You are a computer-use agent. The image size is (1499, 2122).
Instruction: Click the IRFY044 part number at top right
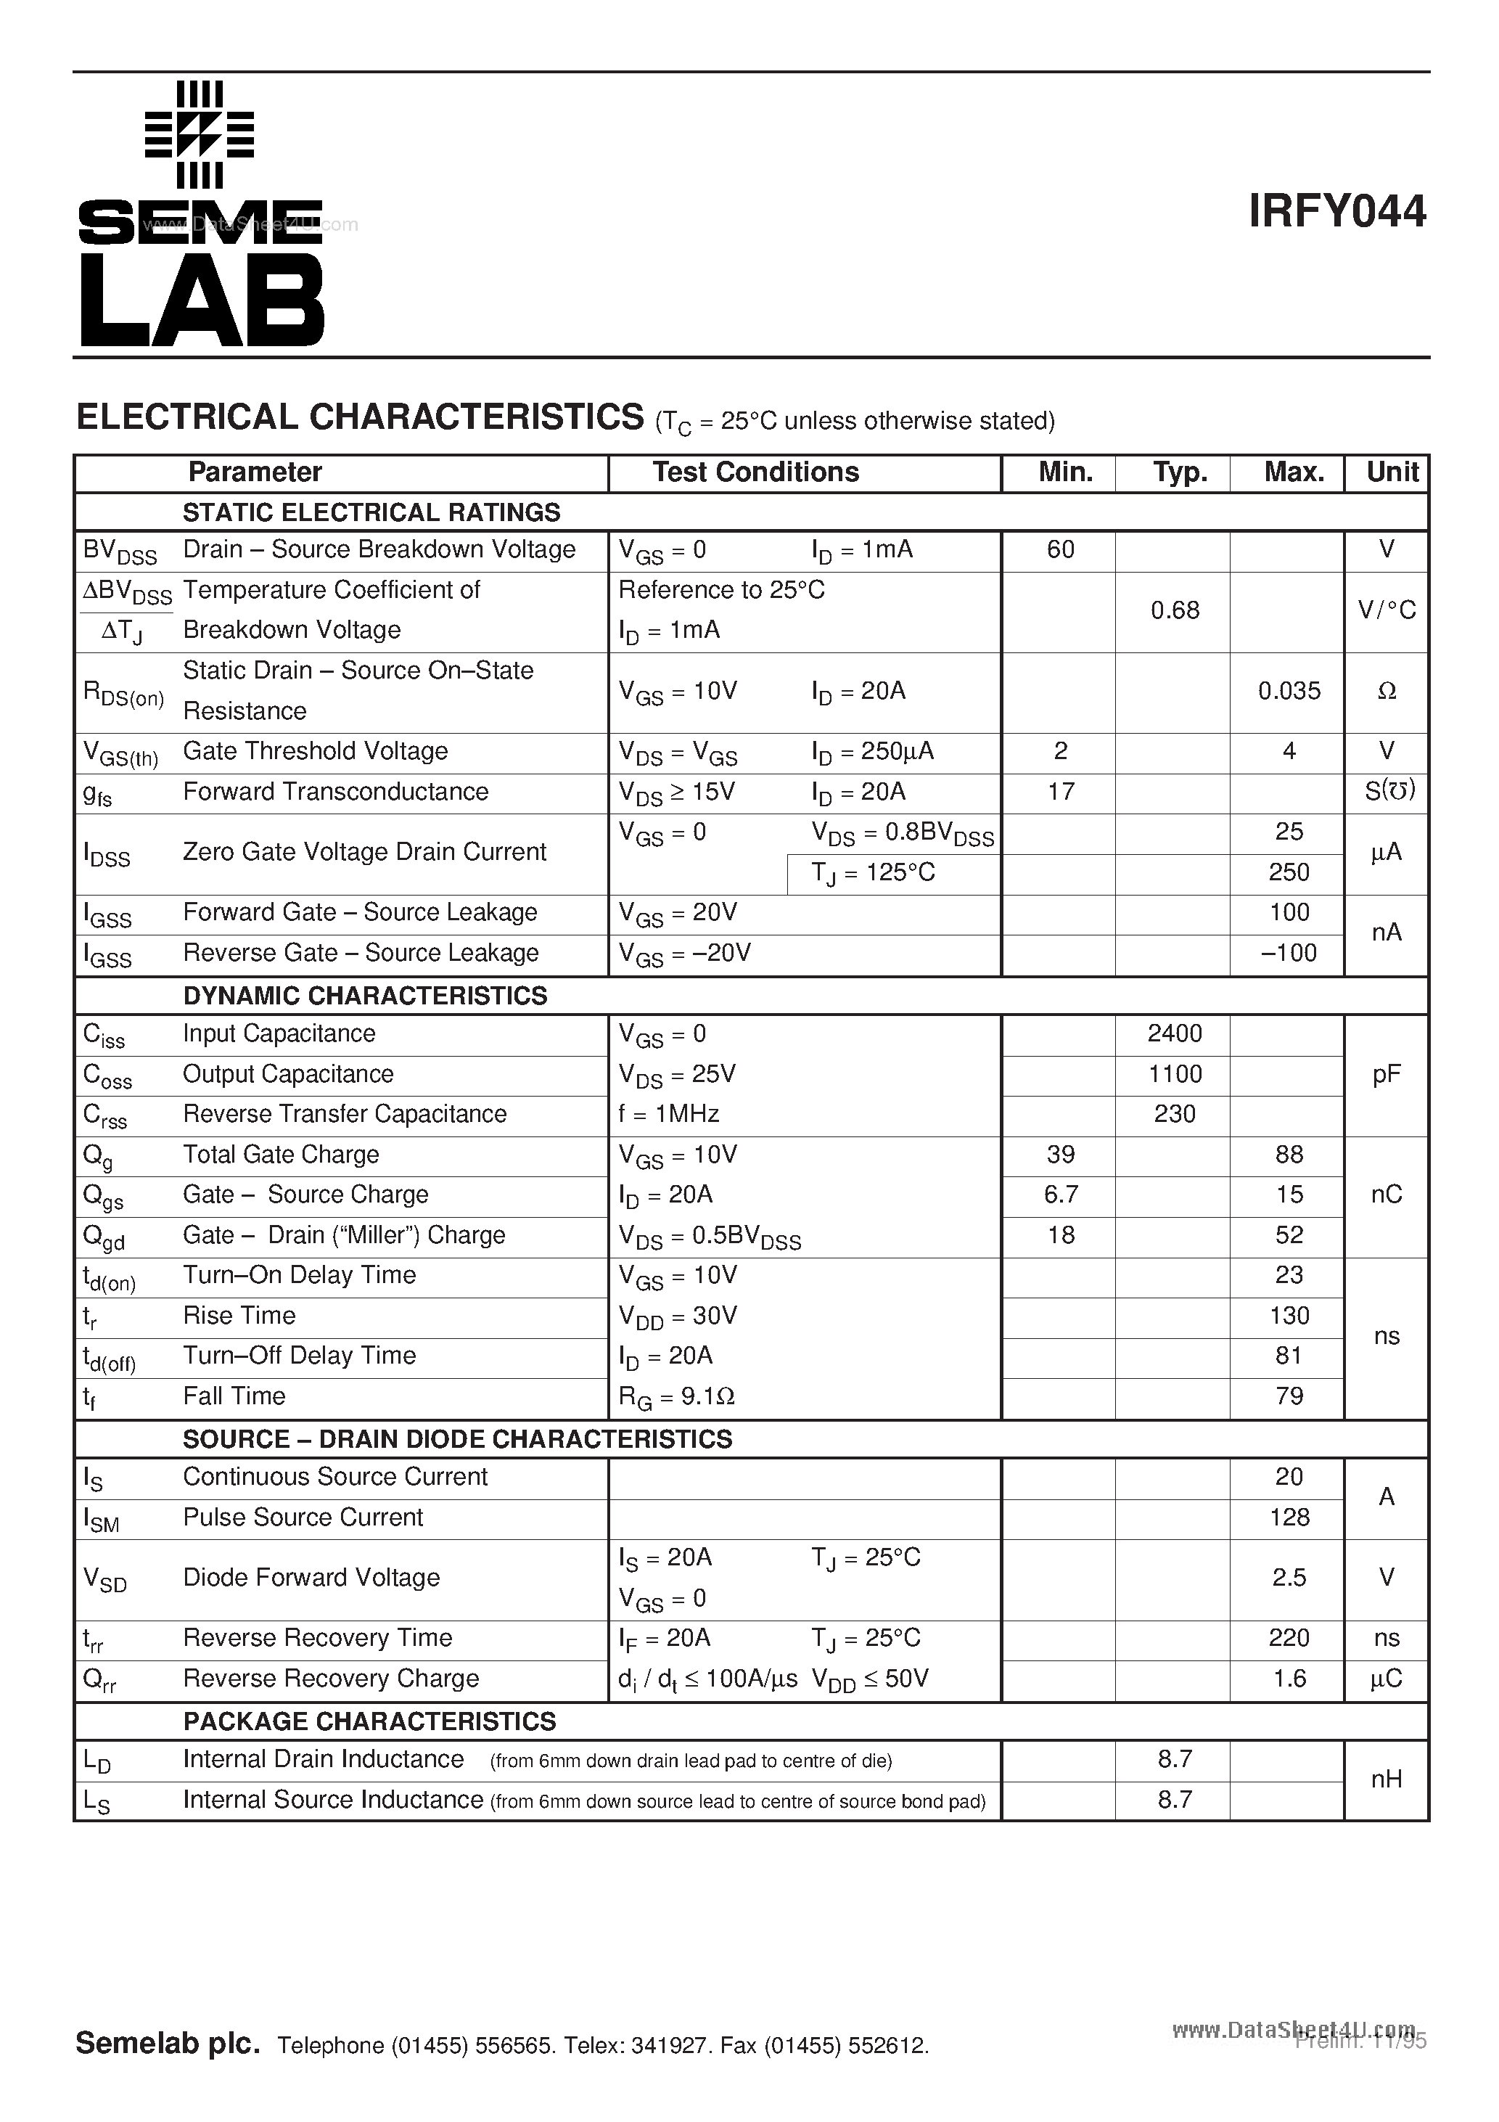(1336, 212)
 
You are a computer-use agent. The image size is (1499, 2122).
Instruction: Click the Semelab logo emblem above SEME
(200, 135)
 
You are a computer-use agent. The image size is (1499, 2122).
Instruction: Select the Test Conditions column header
(755, 472)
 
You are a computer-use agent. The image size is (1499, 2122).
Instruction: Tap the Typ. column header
(1179, 472)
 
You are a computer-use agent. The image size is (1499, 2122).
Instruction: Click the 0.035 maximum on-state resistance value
(1289, 692)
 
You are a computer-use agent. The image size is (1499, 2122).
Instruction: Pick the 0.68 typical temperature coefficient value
(1175, 610)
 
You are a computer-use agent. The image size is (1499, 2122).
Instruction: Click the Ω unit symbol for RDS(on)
(1387, 692)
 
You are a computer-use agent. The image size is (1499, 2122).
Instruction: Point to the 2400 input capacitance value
(1175, 1033)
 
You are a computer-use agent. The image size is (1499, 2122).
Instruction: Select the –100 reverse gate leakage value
(1289, 953)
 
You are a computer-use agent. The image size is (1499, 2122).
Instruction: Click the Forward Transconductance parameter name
(335, 792)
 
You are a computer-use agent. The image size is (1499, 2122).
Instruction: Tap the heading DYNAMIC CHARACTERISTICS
(365, 996)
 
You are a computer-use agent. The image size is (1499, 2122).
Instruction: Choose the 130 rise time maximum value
(1289, 1315)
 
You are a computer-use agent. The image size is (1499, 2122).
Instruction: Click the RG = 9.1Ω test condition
(676, 1396)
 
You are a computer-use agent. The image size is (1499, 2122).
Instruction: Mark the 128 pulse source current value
(1289, 1517)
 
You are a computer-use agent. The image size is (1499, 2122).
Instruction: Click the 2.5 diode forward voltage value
(1289, 1578)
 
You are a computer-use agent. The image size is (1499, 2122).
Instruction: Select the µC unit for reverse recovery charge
(1387, 1679)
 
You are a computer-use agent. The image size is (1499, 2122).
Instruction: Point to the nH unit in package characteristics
(1387, 1779)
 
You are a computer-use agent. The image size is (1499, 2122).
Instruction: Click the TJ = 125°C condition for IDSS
(874, 873)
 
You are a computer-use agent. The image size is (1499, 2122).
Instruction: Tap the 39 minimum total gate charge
(1060, 1155)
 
